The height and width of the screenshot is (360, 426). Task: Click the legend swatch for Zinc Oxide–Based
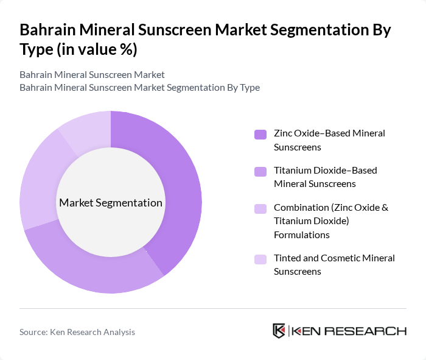coord(260,134)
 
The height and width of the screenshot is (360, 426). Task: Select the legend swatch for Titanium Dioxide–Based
coord(260,171)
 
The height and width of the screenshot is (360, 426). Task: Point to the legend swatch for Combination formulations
coord(260,208)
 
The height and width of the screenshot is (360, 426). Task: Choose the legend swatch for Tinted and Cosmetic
coord(260,259)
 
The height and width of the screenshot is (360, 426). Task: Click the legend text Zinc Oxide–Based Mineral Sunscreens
coord(329,139)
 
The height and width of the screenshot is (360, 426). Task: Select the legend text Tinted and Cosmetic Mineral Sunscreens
coord(334,264)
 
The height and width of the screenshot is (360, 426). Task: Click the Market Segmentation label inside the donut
coord(111,203)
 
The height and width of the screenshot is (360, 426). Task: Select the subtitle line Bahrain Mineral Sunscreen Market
coord(92,75)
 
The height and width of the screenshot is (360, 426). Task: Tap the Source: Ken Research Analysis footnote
coord(77,332)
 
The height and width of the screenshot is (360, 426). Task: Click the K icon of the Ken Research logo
coord(279,331)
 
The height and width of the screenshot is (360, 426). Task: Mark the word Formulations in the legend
coord(302,235)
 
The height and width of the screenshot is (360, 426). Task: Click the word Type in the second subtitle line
coord(250,87)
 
